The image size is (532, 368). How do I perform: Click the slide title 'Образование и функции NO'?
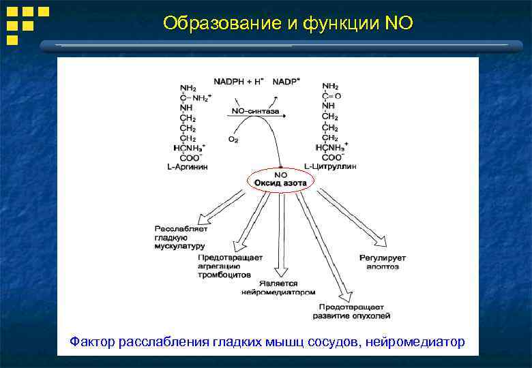pyautogui.click(x=288, y=23)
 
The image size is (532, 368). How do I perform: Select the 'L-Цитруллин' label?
pyautogui.click(x=330, y=166)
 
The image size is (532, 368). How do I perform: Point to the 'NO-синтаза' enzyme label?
pyautogui.click(x=255, y=111)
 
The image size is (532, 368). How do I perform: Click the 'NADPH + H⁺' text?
pyautogui.click(x=239, y=82)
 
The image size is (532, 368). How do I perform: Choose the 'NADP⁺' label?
pyautogui.click(x=286, y=82)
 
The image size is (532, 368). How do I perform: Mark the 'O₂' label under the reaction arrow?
pyautogui.click(x=233, y=139)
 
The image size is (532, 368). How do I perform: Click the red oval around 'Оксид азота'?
pyautogui.click(x=280, y=181)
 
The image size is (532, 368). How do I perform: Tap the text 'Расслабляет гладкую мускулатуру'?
pyautogui.click(x=180, y=237)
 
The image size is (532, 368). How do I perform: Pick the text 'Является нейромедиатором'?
pyautogui.click(x=278, y=288)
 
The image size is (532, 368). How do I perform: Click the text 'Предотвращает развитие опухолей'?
pyautogui.click(x=351, y=311)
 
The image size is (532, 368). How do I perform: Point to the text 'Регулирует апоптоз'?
pyautogui.click(x=383, y=262)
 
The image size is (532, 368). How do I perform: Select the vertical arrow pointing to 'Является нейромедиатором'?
pyautogui.click(x=280, y=235)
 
